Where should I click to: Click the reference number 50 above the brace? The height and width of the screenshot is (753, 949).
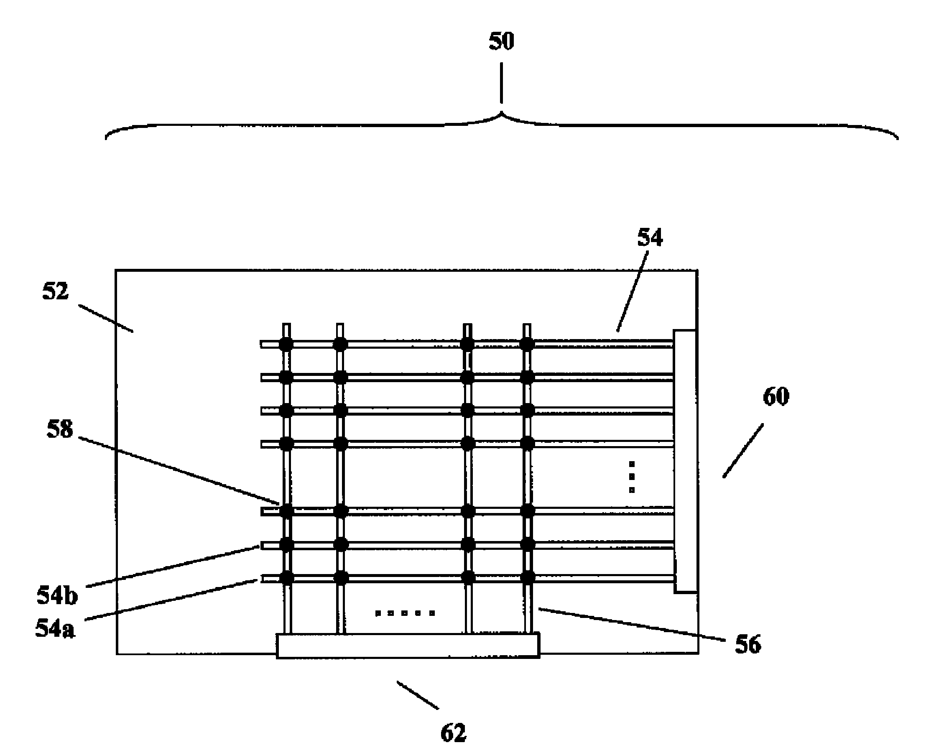pyautogui.click(x=501, y=42)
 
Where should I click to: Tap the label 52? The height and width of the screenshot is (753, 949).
pyautogui.click(x=56, y=291)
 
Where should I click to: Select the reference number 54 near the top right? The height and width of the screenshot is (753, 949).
pyautogui.click(x=650, y=237)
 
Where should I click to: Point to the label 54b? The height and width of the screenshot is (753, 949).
pyautogui.click(x=57, y=595)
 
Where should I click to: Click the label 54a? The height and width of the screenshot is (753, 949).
pyautogui.click(x=55, y=628)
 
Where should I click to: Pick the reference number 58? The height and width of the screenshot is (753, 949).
pyautogui.click(x=59, y=429)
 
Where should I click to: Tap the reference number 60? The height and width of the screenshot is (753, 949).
pyautogui.click(x=776, y=396)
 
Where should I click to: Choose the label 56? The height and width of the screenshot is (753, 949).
pyautogui.click(x=748, y=645)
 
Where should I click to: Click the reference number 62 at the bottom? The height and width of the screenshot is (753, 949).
pyautogui.click(x=453, y=733)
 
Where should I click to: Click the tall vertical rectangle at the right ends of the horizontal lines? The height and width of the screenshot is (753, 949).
pyautogui.click(x=685, y=461)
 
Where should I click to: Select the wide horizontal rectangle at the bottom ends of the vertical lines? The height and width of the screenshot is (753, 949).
pyautogui.click(x=408, y=646)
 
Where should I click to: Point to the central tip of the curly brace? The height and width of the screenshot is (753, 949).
pyautogui.click(x=501, y=114)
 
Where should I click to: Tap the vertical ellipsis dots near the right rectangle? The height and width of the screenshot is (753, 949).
pyautogui.click(x=632, y=477)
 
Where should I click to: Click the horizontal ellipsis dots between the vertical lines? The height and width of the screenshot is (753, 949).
pyautogui.click(x=405, y=613)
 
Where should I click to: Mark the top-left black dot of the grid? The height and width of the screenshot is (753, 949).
pyautogui.click(x=286, y=344)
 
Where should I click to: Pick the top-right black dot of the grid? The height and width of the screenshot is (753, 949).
pyautogui.click(x=527, y=344)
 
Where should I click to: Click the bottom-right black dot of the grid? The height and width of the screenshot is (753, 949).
pyautogui.click(x=527, y=577)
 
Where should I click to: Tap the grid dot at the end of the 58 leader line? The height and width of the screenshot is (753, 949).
pyautogui.click(x=286, y=511)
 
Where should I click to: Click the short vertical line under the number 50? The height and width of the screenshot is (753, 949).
pyautogui.click(x=501, y=83)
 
